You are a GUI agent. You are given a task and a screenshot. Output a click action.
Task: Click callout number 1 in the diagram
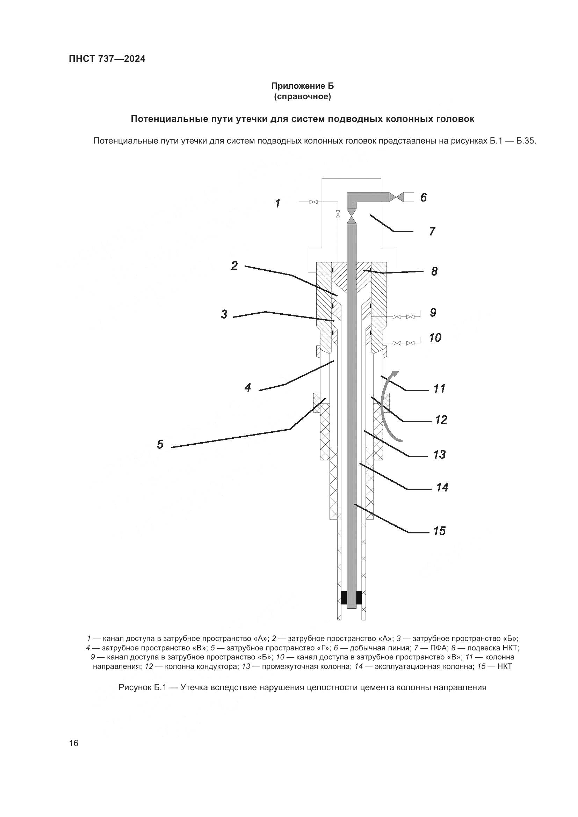[277, 204]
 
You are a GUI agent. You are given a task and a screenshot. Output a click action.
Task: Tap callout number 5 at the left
[160, 444]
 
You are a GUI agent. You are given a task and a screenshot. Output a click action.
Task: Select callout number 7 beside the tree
[432, 232]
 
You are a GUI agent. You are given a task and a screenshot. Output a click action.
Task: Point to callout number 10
[435, 337]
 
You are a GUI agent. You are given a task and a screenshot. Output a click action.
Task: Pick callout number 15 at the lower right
[440, 531]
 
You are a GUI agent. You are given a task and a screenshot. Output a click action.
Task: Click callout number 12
[441, 420]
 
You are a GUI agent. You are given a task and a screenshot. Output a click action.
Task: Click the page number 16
[74, 743]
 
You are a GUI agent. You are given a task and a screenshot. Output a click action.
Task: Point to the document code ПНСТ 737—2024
[107, 59]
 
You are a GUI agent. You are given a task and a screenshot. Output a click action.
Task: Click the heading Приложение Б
[303, 86]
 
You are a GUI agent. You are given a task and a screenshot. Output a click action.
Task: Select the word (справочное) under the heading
[303, 97]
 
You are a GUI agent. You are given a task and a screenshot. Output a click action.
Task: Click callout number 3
[224, 315]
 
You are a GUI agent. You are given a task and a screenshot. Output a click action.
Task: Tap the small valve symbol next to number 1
[313, 202]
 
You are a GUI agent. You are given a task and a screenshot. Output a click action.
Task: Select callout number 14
[442, 487]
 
